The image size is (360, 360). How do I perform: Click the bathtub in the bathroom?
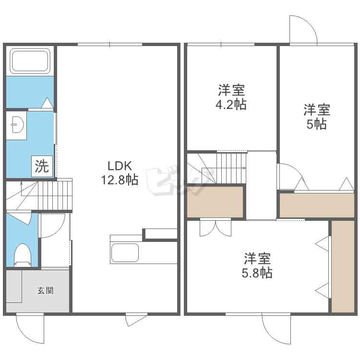tap(30, 61)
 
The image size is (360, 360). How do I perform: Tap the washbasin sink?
tap(17, 125)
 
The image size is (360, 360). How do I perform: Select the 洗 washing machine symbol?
tap(42, 166)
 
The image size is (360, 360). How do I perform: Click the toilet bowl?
tap(23, 255)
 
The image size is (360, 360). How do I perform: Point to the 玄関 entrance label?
tap(46, 291)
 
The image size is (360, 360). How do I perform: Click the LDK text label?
tap(120, 166)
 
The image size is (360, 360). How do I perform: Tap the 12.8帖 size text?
tap(120, 180)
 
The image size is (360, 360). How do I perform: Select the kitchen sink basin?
tap(125, 253)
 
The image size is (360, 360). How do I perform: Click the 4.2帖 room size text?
tap(231, 105)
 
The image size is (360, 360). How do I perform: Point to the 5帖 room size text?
tap(317, 124)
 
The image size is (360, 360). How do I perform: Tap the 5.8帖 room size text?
tap(257, 273)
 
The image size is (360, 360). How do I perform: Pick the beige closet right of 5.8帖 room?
tap(343, 266)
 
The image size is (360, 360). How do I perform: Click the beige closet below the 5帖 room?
tap(317, 205)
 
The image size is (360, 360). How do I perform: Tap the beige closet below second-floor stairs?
tap(215, 202)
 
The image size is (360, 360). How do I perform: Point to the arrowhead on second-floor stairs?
tap(244, 168)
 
